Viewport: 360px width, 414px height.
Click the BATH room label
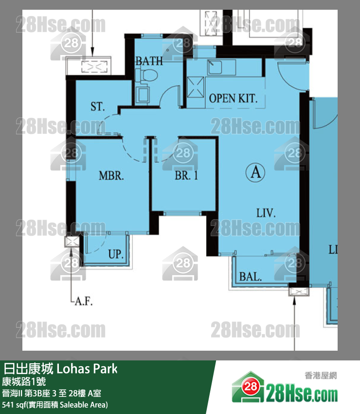tap(149, 61)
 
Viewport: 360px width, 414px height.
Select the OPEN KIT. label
tap(233, 98)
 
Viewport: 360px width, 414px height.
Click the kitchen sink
tap(215, 67)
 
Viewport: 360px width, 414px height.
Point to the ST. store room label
tap(98, 106)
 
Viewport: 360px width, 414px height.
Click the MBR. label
tap(111, 175)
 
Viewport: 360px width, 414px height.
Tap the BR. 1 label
tap(186, 175)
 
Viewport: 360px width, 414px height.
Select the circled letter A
tap(255, 172)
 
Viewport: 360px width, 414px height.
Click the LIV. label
tap(266, 213)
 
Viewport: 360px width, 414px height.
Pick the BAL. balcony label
tap(250, 277)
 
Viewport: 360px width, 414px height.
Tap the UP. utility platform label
tap(116, 254)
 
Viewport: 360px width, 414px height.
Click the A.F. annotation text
tap(84, 301)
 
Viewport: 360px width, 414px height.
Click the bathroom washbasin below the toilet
tap(143, 95)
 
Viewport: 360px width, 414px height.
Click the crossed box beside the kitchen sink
tap(196, 87)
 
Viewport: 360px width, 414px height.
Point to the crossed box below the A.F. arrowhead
tap(72, 241)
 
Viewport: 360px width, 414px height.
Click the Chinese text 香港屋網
tap(321, 375)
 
